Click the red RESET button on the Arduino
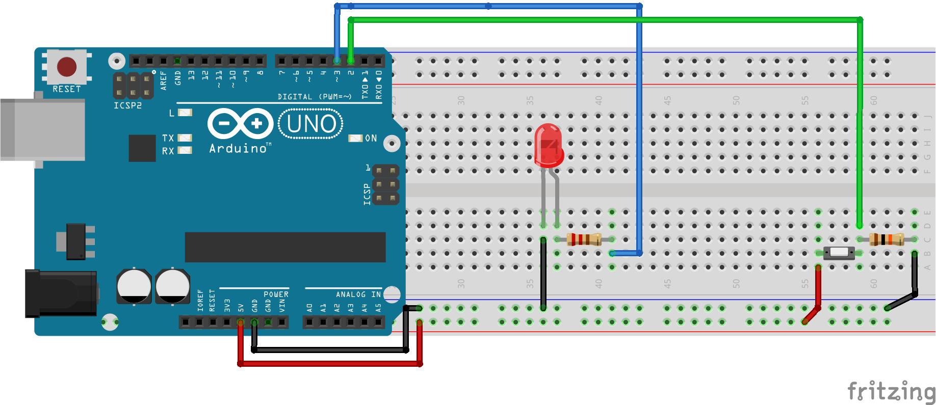(67, 67)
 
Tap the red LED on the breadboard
(549, 146)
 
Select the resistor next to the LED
(584, 239)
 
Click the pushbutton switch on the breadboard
(839, 253)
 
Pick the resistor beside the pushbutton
(887, 239)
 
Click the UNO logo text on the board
(311, 124)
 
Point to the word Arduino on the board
(238, 149)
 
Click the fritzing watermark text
(891, 392)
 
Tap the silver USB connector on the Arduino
(43, 130)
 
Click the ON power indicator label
(371, 139)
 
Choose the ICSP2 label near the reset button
(127, 105)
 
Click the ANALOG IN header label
(358, 294)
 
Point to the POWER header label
(276, 294)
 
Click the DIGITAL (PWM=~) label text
(315, 97)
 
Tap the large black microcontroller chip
(285, 247)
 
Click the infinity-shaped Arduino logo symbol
(240, 123)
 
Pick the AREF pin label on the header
(164, 80)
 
